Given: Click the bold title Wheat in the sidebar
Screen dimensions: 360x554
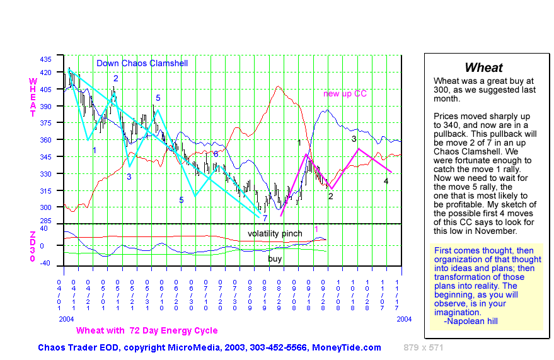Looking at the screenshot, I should click(x=483, y=68).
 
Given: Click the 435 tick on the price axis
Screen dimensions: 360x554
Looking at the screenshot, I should click(x=45, y=59).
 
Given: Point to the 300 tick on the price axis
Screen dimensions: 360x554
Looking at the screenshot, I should click(x=45, y=207).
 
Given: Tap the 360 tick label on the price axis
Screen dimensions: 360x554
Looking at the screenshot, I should click(x=45, y=139).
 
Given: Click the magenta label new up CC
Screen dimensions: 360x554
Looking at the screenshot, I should click(x=345, y=94).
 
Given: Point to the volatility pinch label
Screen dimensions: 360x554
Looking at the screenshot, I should click(x=275, y=233).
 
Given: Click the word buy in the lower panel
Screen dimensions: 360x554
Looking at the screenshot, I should click(x=275, y=258).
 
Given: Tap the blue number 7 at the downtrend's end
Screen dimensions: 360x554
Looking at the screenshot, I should click(x=265, y=218).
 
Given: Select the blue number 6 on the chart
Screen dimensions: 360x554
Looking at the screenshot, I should click(x=216, y=154).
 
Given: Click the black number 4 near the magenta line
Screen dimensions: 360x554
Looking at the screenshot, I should click(x=386, y=182).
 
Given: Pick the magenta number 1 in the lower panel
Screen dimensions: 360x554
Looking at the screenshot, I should click(x=316, y=229).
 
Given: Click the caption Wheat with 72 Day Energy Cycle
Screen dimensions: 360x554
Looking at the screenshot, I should click(x=147, y=330).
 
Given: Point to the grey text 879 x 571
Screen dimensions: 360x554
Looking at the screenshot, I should click(x=424, y=347).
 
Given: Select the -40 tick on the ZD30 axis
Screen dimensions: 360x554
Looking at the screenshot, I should click(x=45, y=264).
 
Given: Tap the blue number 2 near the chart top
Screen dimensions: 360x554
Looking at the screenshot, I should click(x=116, y=78).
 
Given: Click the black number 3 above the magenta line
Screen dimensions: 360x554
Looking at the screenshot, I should click(x=354, y=139).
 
